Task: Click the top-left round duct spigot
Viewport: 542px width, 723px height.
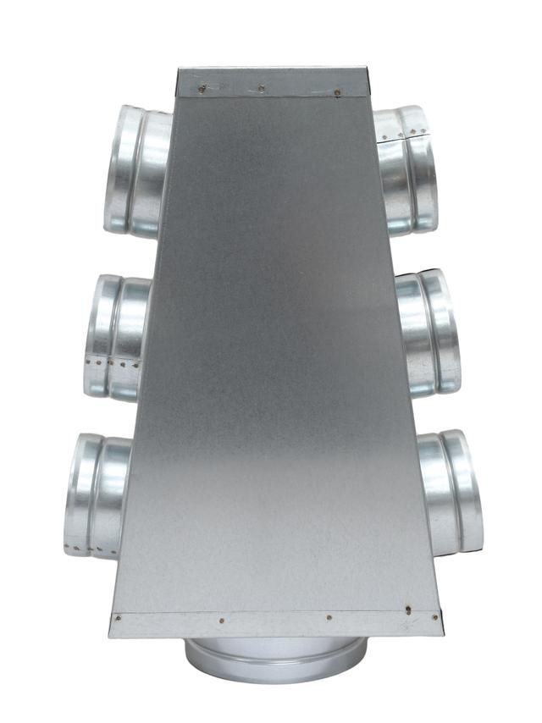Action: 135,169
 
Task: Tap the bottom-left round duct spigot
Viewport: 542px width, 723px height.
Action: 97,495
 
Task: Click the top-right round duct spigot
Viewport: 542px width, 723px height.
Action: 407,168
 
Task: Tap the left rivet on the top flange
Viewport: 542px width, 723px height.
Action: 202,87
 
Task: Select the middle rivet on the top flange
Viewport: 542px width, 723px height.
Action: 261,87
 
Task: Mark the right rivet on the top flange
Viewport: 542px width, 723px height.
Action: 338,91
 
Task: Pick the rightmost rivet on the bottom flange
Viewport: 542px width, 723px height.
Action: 408,609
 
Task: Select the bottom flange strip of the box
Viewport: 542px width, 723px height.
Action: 276,623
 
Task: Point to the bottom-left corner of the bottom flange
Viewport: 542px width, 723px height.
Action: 110,635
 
